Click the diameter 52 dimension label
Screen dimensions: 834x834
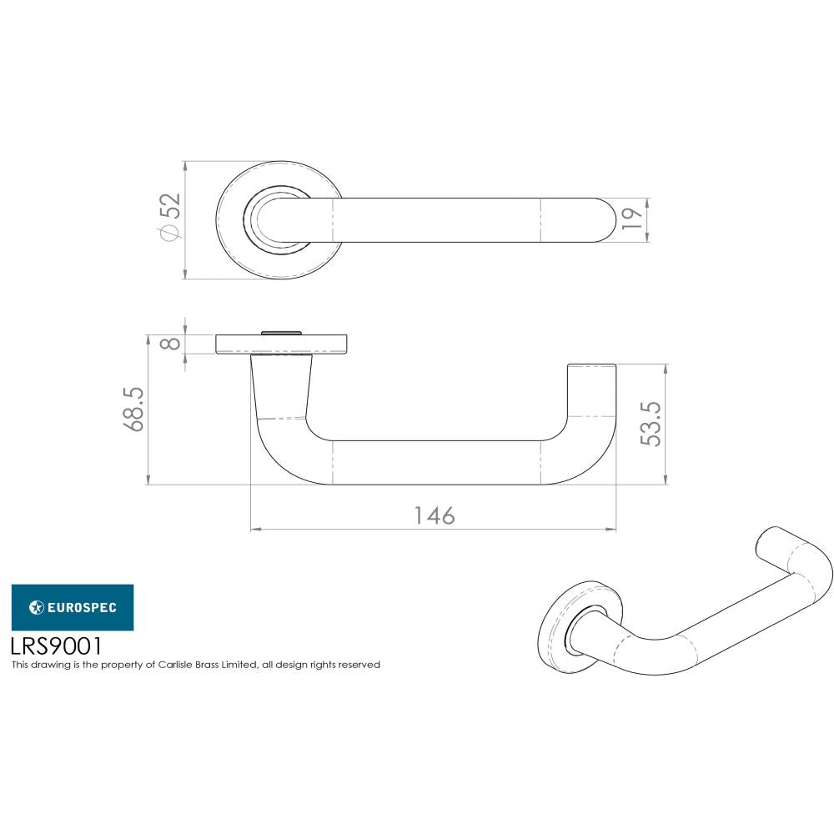(x=169, y=219)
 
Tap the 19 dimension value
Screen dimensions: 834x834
(x=633, y=219)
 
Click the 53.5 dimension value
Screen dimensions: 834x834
(x=651, y=424)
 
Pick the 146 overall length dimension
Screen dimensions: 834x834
(x=435, y=516)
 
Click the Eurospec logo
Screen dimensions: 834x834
(x=73, y=607)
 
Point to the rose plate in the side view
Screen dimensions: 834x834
(x=284, y=344)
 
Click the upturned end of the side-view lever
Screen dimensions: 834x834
(x=590, y=392)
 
